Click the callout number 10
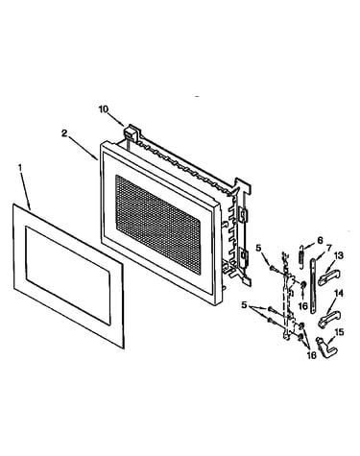(104, 109)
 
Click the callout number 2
(64, 133)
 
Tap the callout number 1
(20, 167)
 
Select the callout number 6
(321, 240)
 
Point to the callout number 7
(329, 248)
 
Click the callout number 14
(339, 293)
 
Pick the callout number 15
(339, 332)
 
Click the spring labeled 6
(301, 253)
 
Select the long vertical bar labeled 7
(314, 285)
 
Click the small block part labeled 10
(129, 132)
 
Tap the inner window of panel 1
(68, 276)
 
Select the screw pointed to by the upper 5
(273, 268)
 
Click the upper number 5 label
(258, 248)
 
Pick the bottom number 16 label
(311, 354)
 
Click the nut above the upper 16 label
(302, 284)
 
